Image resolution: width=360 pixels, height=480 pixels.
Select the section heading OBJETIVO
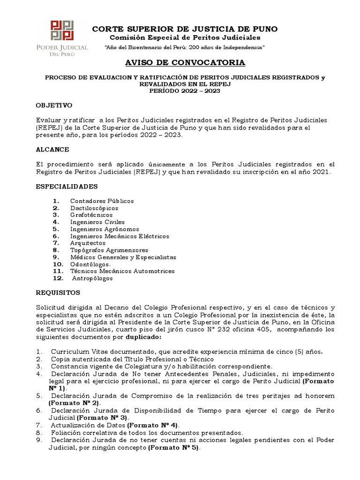[x=54, y=105]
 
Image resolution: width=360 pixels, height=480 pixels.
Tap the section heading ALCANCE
[x=52, y=149]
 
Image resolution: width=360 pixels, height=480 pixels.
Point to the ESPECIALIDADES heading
[x=67, y=186]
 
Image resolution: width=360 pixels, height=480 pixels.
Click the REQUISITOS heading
[x=58, y=292]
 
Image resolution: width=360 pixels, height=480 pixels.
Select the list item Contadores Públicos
[x=102, y=201]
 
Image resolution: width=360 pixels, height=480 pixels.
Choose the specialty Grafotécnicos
[x=91, y=215]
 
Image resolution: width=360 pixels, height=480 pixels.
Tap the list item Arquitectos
[x=88, y=243]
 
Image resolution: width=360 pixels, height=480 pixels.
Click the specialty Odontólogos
[x=90, y=264]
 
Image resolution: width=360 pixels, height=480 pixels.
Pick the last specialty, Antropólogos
[x=92, y=278]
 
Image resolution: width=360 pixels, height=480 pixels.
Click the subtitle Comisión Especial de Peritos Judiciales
[x=185, y=38]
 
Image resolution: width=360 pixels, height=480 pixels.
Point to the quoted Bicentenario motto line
[x=185, y=48]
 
